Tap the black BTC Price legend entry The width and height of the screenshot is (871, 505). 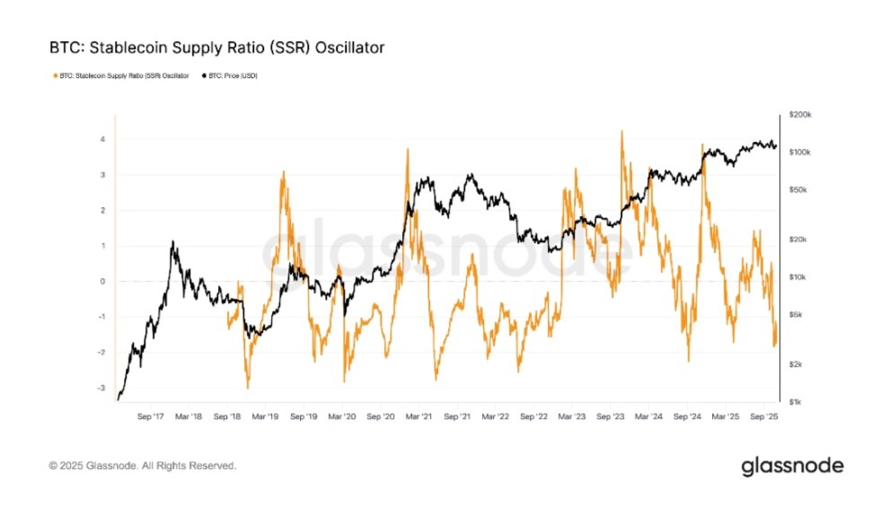pyautogui.click(x=232, y=75)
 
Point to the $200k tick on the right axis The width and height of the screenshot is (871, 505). pyautogui.click(x=799, y=116)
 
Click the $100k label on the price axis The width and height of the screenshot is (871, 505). pyautogui.click(x=799, y=152)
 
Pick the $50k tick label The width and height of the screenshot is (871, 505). pyautogui.click(x=800, y=190)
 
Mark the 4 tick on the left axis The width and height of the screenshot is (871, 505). pyautogui.click(x=103, y=139)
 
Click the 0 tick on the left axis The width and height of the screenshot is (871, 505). pyautogui.click(x=103, y=282)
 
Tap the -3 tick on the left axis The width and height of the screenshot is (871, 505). pyautogui.click(x=101, y=388)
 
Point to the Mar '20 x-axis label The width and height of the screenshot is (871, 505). pyautogui.click(x=342, y=417)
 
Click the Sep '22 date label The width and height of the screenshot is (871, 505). pyautogui.click(x=534, y=417)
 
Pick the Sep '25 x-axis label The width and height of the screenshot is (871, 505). pyautogui.click(x=764, y=417)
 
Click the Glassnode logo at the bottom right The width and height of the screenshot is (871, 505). pyautogui.click(x=792, y=466)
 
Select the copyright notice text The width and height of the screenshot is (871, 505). pyautogui.click(x=143, y=466)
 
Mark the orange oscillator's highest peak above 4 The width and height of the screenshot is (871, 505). pyautogui.click(x=621, y=131)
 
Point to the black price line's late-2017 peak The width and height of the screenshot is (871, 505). pyautogui.click(x=172, y=241)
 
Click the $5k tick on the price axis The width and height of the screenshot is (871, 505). pyautogui.click(x=798, y=314)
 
